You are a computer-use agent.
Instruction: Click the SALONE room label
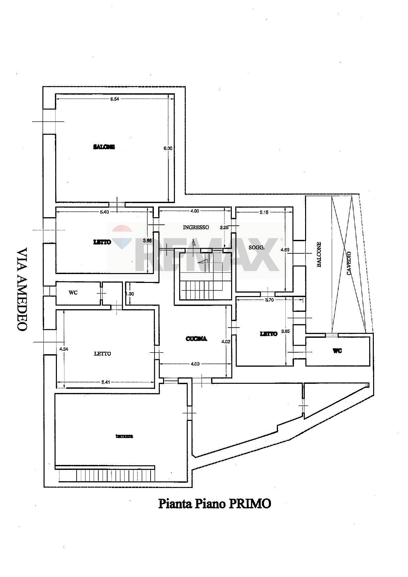pyautogui.click(x=104, y=147)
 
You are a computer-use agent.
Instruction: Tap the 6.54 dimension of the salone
pyautogui.click(x=114, y=99)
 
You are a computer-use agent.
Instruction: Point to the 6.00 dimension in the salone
pyautogui.click(x=168, y=148)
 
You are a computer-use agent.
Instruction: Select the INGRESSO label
pyautogui.click(x=196, y=227)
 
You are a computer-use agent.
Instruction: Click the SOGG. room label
pyautogui.click(x=256, y=247)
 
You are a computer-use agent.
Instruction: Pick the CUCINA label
pyautogui.click(x=196, y=338)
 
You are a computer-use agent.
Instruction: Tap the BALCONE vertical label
pyautogui.click(x=319, y=254)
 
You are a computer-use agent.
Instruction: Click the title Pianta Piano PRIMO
pyautogui.click(x=214, y=503)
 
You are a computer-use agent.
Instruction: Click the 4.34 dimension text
pyautogui.click(x=64, y=349)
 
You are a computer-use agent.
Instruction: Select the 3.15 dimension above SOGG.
pyautogui.click(x=264, y=212)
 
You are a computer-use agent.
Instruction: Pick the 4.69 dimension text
pyautogui.click(x=285, y=250)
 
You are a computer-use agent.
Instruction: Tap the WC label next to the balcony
pyautogui.click(x=337, y=351)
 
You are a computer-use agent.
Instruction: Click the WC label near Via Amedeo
pyautogui.click(x=73, y=292)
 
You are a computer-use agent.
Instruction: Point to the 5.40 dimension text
pyautogui.click(x=104, y=212)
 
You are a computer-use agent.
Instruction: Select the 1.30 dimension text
pyautogui.click(x=130, y=294)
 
